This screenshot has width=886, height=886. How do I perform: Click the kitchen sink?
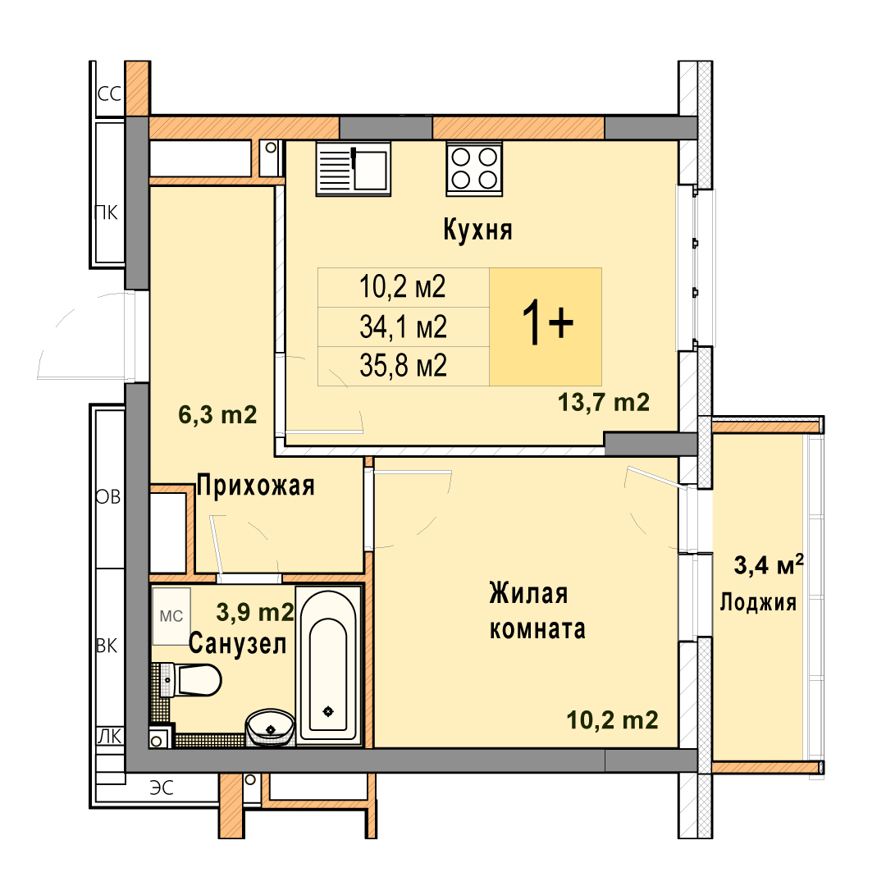tap(353, 168)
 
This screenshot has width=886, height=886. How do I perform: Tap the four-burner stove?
tap(474, 168)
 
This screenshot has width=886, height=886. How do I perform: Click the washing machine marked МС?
tap(171, 616)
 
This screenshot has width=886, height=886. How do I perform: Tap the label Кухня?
tap(477, 230)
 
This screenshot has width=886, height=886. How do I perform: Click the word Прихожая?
tap(255, 486)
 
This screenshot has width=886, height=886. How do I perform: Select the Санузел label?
tap(237, 644)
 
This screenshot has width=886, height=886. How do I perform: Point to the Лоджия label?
tap(758, 602)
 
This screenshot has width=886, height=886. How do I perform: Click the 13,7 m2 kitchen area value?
tap(604, 402)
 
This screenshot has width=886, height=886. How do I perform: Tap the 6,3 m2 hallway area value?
tap(217, 415)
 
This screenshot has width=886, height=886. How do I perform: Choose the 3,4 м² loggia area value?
tap(769, 564)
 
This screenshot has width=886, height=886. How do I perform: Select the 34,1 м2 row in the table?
tap(404, 327)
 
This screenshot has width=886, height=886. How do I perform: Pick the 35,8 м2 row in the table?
tap(404, 366)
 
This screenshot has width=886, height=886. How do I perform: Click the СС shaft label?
tap(109, 94)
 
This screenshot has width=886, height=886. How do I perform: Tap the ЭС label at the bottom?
tap(162, 788)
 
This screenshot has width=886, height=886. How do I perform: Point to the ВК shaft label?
tap(107, 646)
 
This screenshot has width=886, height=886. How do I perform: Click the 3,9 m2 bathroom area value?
tap(255, 612)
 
